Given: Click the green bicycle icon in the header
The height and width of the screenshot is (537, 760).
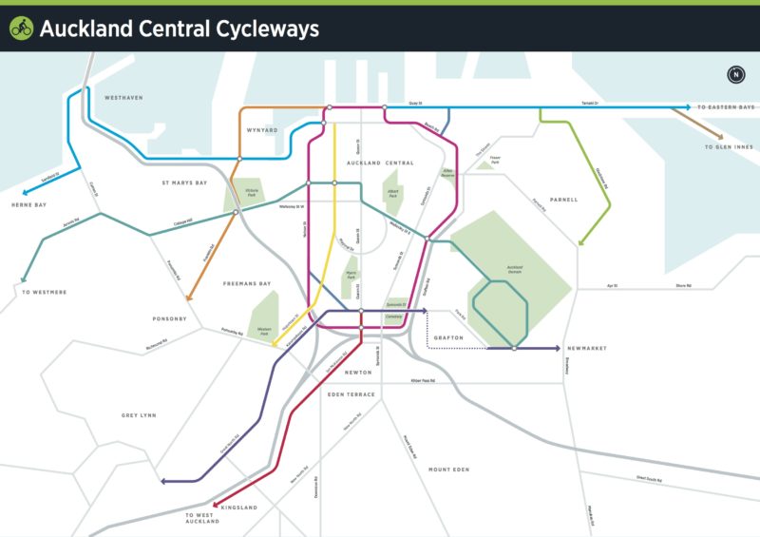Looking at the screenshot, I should [x=21, y=29].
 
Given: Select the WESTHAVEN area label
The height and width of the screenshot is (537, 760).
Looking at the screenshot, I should [x=123, y=98].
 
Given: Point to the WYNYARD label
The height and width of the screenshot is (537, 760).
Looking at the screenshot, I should [x=261, y=129].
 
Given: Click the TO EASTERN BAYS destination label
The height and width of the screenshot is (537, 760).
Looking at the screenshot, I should [x=727, y=107].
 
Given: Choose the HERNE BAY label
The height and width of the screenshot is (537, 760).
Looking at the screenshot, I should [x=28, y=205].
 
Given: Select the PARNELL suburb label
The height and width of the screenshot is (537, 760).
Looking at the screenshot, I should [x=562, y=200].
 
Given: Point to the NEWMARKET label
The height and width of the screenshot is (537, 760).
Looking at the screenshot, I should [x=585, y=349].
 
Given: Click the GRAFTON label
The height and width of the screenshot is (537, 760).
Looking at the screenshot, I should [x=448, y=337].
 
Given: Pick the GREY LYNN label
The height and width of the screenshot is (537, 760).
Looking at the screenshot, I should [x=138, y=415].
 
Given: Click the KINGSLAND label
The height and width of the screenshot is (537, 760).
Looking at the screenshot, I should [x=239, y=508].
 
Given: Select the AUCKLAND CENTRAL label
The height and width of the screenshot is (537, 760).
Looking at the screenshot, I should [x=380, y=163].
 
